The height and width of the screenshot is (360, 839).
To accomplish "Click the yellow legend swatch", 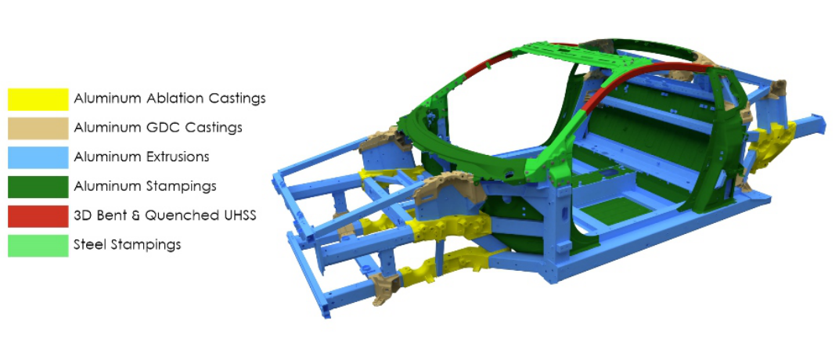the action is [38, 99].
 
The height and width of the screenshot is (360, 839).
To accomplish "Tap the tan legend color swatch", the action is [38, 128].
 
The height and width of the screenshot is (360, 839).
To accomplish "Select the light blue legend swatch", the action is [38, 157].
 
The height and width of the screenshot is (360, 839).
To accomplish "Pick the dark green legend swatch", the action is [38, 187].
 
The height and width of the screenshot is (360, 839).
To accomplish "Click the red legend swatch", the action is [38, 216].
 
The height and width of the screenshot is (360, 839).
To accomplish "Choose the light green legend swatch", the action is [38, 246].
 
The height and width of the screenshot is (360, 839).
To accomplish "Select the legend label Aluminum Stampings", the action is [145, 187].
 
